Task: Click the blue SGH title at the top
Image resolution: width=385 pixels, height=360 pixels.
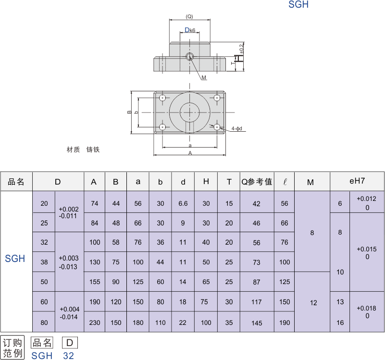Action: pyautogui.click(x=298, y=5)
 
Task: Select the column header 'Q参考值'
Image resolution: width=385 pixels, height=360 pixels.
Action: pyautogui.click(x=257, y=182)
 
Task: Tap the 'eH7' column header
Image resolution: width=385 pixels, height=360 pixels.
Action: pyautogui.click(x=357, y=181)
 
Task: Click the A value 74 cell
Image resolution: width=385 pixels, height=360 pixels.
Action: pyautogui.click(x=95, y=203)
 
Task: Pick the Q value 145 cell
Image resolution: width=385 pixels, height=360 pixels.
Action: pyautogui.click(x=257, y=323)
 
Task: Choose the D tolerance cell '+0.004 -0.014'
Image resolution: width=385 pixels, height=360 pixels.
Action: pyautogui.click(x=70, y=313)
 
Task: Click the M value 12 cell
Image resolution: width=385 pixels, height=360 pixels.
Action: pyautogui.click(x=313, y=303)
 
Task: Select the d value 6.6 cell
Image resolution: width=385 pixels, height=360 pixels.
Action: pyautogui.click(x=183, y=203)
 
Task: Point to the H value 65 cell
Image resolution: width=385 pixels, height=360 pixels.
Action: pyautogui.click(x=206, y=282)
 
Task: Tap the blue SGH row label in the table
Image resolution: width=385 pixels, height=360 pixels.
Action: pyautogui.click(x=15, y=259)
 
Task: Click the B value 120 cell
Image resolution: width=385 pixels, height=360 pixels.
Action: pyautogui.click(x=116, y=302)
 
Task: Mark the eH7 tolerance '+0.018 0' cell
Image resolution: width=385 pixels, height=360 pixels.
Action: pyautogui.click(x=367, y=312)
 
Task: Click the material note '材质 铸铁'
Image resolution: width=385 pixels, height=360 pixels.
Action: pyautogui.click(x=83, y=150)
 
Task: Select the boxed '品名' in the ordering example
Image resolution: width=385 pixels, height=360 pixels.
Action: pyautogui.click(x=42, y=343)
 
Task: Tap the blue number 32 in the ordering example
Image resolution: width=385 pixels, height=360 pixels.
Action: pyautogui.click(x=69, y=356)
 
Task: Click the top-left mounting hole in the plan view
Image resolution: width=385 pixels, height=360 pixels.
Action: pyautogui.click(x=163, y=98)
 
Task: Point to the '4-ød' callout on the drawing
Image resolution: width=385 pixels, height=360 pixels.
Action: pyautogui.click(x=236, y=129)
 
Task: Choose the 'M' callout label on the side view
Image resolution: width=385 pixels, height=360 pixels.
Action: pyautogui.click(x=204, y=77)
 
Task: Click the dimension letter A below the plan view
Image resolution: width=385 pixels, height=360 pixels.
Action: pyautogui.click(x=190, y=153)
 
